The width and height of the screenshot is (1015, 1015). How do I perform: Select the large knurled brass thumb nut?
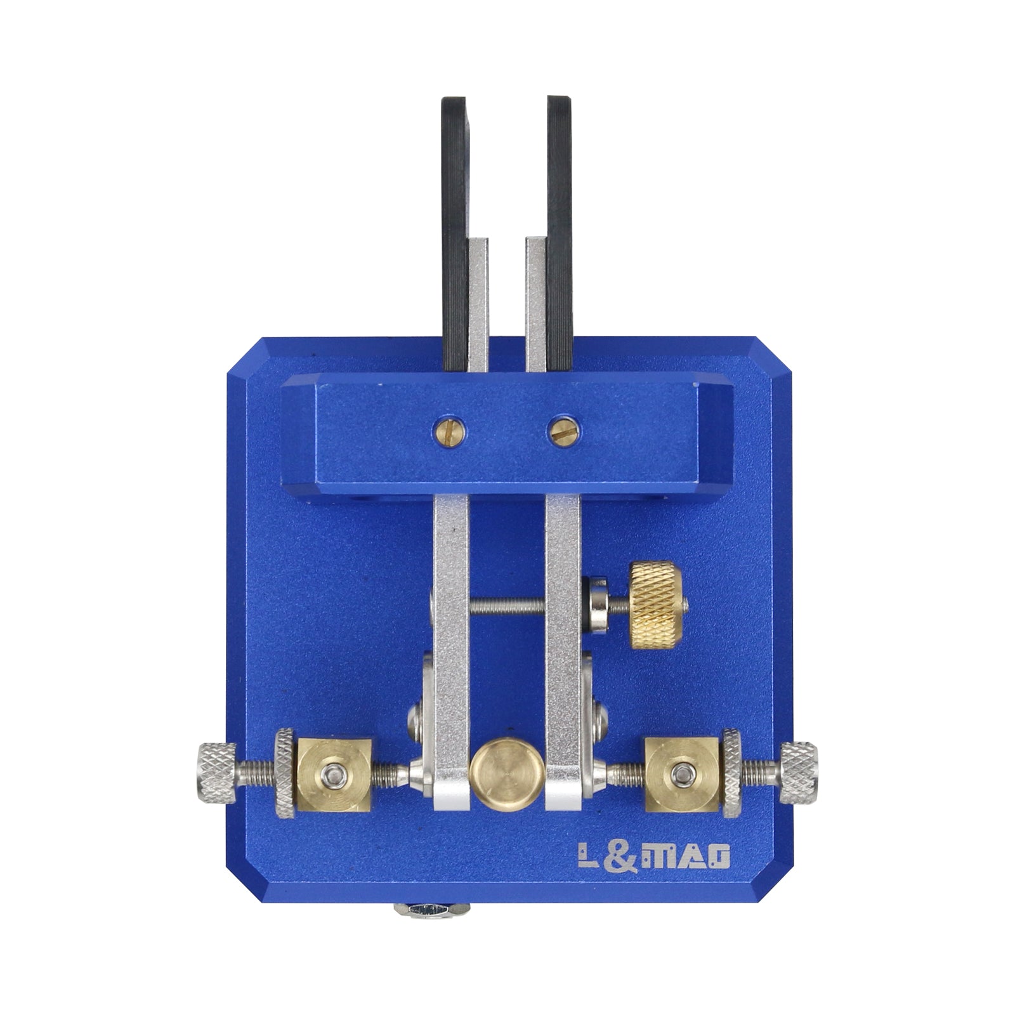tap(658, 606)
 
